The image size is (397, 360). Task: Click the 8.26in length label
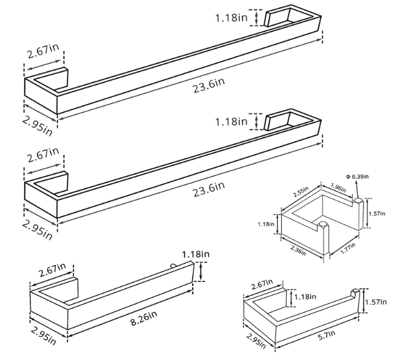coord(144,318)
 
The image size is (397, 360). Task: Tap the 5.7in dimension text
coord(326,335)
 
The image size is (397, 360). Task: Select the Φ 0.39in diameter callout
coord(357,177)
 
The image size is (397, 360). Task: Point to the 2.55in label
coord(301,192)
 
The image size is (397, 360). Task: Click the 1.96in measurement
coord(338,188)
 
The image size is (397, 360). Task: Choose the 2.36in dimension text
coord(298,251)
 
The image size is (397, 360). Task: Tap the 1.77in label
coord(348,248)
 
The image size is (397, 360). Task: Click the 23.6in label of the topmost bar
coord(208,85)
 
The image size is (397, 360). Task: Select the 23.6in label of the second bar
coord(208,189)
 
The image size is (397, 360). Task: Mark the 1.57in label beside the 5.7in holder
coord(376,302)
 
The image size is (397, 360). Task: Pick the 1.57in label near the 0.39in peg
coord(376,213)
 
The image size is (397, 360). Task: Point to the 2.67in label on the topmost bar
coord(43,51)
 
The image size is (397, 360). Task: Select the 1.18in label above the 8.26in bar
coord(196,254)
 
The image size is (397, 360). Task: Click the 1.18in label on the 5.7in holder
coord(306,296)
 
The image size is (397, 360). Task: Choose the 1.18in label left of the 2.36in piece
coord(266,224)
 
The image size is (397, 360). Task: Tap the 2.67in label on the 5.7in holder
coord(262,284)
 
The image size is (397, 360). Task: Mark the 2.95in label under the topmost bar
coord(37,126)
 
